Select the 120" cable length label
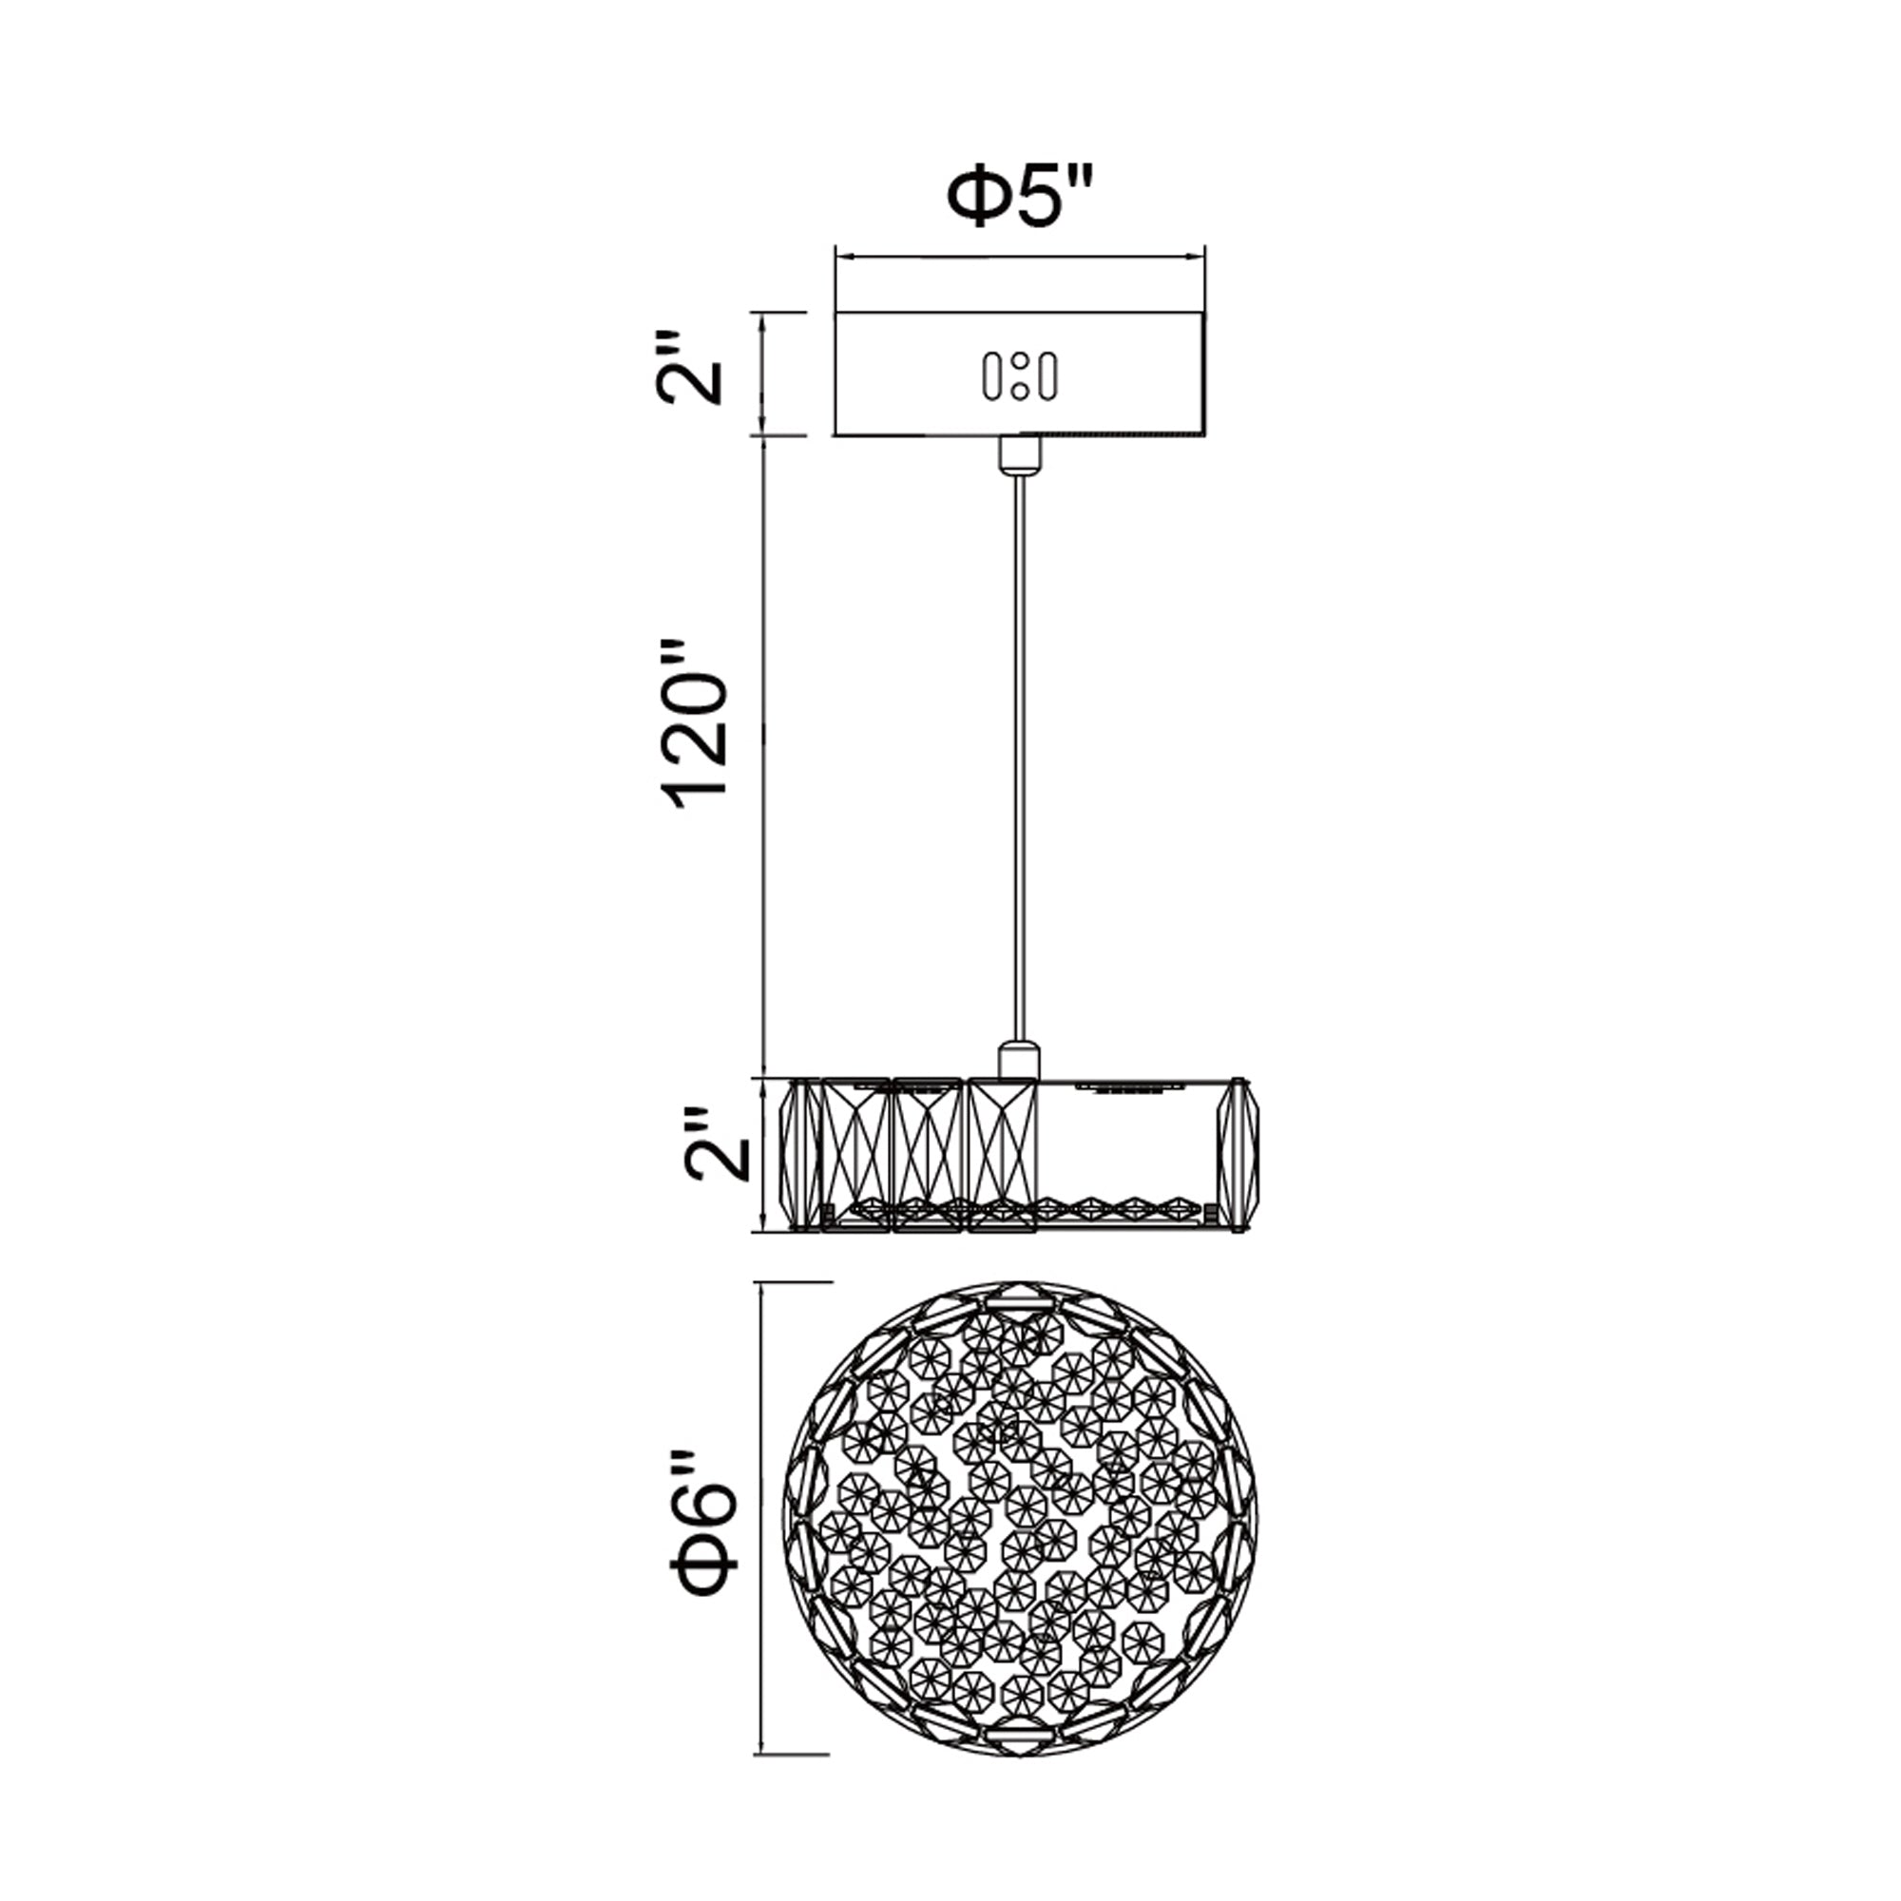click(697, 729)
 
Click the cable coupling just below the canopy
click(1020, 453)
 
